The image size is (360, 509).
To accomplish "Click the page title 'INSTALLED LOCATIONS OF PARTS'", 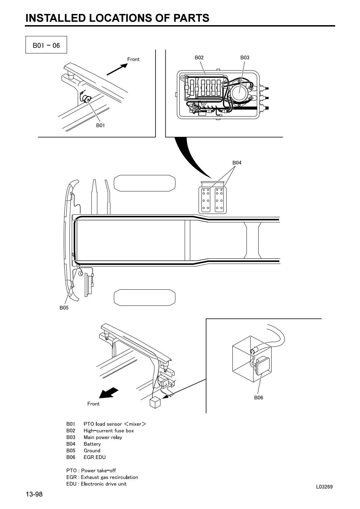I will point(117,18).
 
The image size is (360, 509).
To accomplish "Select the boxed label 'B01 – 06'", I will point(46,46).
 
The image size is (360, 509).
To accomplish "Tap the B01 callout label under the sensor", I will point(100,125).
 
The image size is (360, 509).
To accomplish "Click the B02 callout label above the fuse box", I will point(199,57).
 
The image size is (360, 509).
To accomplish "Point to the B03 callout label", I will point(245,57).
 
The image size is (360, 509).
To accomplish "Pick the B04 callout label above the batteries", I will point(237,163).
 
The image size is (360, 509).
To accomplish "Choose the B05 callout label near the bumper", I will point(64,308).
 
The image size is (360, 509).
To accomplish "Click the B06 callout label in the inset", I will point(259,397).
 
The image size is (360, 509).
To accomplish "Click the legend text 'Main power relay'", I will point(103,437).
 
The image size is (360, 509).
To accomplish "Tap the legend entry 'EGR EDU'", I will point(95,457).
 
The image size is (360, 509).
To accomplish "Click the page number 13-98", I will point(34,494).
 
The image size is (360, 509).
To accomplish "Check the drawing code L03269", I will point(324,487).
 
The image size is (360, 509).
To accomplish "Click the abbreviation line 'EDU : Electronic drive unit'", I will point(96,483).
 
